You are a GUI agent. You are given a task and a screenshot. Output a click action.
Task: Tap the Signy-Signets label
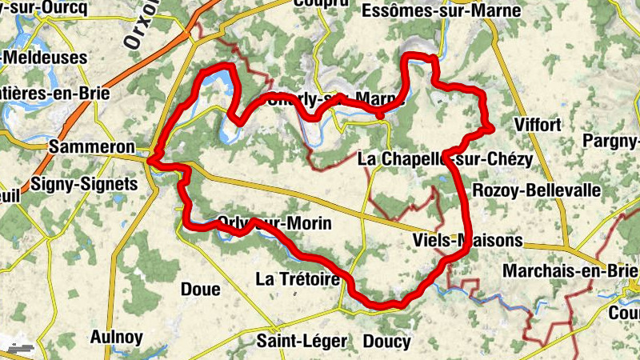point(84,184)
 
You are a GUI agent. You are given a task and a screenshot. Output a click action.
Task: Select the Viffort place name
point(539,125)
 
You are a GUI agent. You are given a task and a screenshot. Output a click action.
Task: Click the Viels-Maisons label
point(467,240)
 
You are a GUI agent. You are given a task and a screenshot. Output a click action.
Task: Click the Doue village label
point(201,289)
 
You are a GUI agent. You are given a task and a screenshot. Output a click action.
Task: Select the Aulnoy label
point(117,336)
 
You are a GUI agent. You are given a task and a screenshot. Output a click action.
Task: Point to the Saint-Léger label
point(302,342)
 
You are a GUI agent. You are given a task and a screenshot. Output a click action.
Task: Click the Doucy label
point(386,342)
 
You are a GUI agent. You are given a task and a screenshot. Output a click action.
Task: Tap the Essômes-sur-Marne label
point(441,11)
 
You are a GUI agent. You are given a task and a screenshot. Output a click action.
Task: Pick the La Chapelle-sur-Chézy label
point(445,158)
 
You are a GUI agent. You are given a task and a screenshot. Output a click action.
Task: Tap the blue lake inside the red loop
point(216,81)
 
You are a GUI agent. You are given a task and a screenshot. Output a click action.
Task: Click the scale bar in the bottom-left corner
point(19,350)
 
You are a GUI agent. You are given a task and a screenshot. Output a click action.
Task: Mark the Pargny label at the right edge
point(612,142)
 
